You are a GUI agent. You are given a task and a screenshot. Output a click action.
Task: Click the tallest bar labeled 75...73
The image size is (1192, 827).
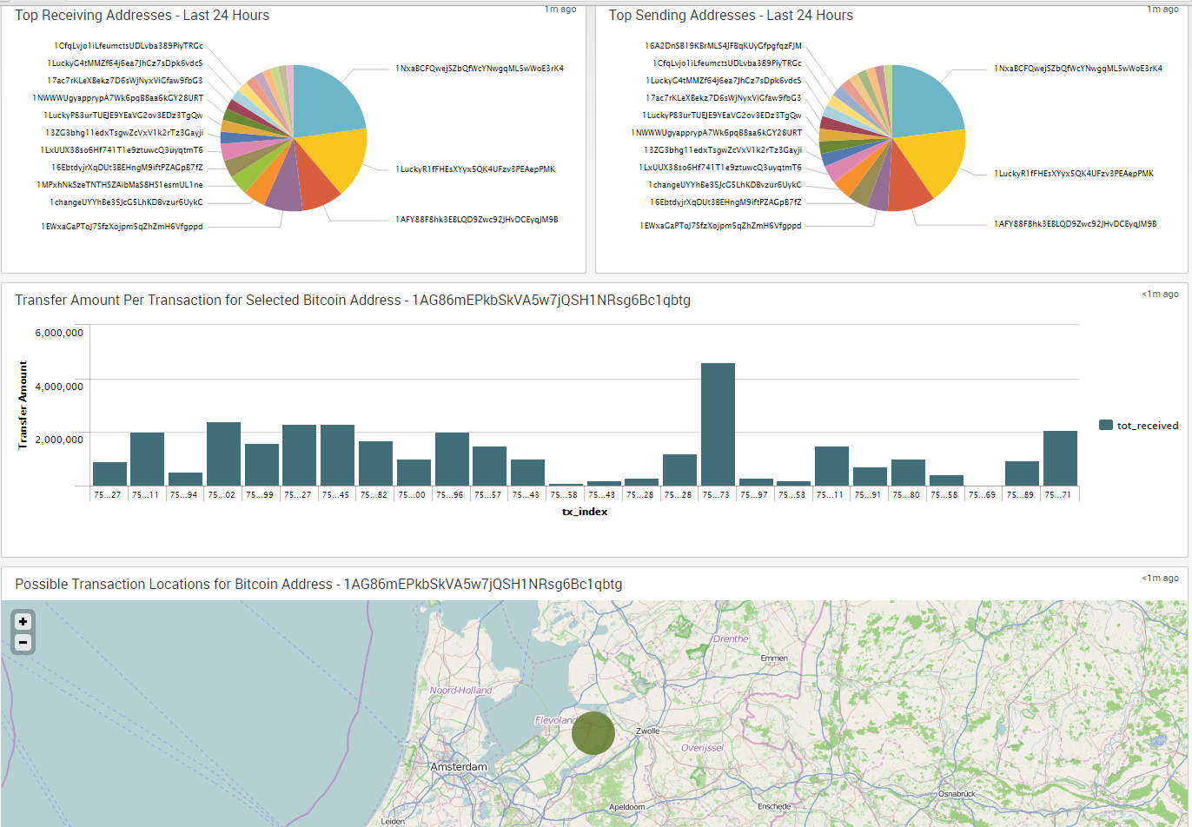(x=718, y=424)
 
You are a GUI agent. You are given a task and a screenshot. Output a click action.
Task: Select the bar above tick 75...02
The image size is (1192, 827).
(x=223, y=453)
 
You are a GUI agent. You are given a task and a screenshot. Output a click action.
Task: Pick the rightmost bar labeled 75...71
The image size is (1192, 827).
(x=1060, y=458)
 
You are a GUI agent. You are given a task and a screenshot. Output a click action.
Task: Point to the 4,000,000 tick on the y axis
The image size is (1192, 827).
(x=59, y=385)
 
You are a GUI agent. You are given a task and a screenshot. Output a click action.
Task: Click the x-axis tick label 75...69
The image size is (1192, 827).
(x=983, y=494)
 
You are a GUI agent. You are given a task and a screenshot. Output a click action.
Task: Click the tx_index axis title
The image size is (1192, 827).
(x=585, y=512)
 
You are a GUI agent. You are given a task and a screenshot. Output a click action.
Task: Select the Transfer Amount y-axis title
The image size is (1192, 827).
(x=23, y=404)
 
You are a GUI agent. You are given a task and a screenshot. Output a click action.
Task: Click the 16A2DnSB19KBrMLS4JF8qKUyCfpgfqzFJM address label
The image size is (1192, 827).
(x=723, y=45)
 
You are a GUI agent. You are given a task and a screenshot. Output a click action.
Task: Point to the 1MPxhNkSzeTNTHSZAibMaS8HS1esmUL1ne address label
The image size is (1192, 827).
(x=120, y=185)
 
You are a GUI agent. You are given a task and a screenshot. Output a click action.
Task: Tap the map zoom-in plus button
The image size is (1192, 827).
(x=23, y=621)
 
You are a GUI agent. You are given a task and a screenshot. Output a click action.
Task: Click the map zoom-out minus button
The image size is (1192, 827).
(x=23, y=643)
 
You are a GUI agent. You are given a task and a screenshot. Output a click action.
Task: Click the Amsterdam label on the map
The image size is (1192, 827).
(x=459, y=767)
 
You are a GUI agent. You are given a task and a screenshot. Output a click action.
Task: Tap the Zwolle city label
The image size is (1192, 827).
(x=648, y=731)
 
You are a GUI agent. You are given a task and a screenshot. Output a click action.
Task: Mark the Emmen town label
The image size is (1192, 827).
(x=774, y=658)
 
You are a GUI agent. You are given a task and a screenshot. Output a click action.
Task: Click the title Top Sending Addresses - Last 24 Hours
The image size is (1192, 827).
(x=731, y=16)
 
